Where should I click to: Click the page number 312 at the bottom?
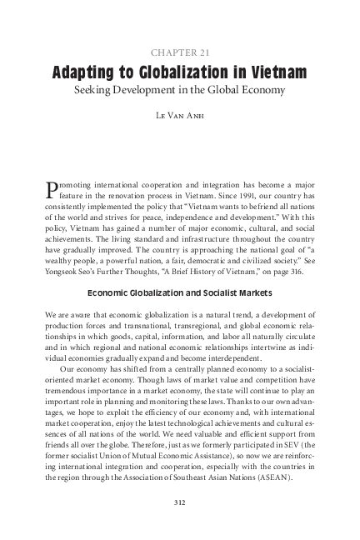(x=179, y=502)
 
